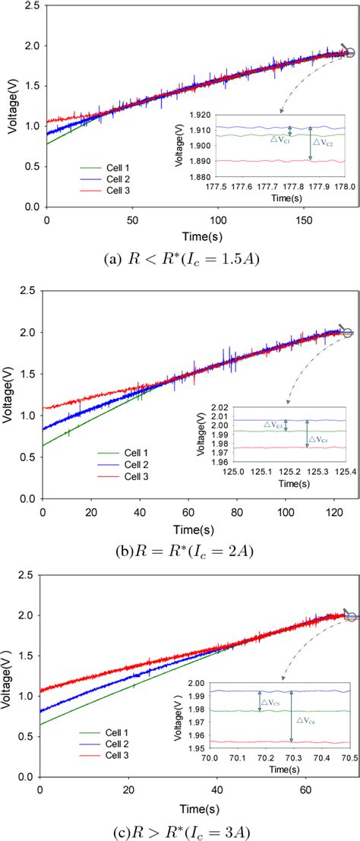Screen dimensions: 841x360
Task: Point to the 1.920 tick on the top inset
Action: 198,115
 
